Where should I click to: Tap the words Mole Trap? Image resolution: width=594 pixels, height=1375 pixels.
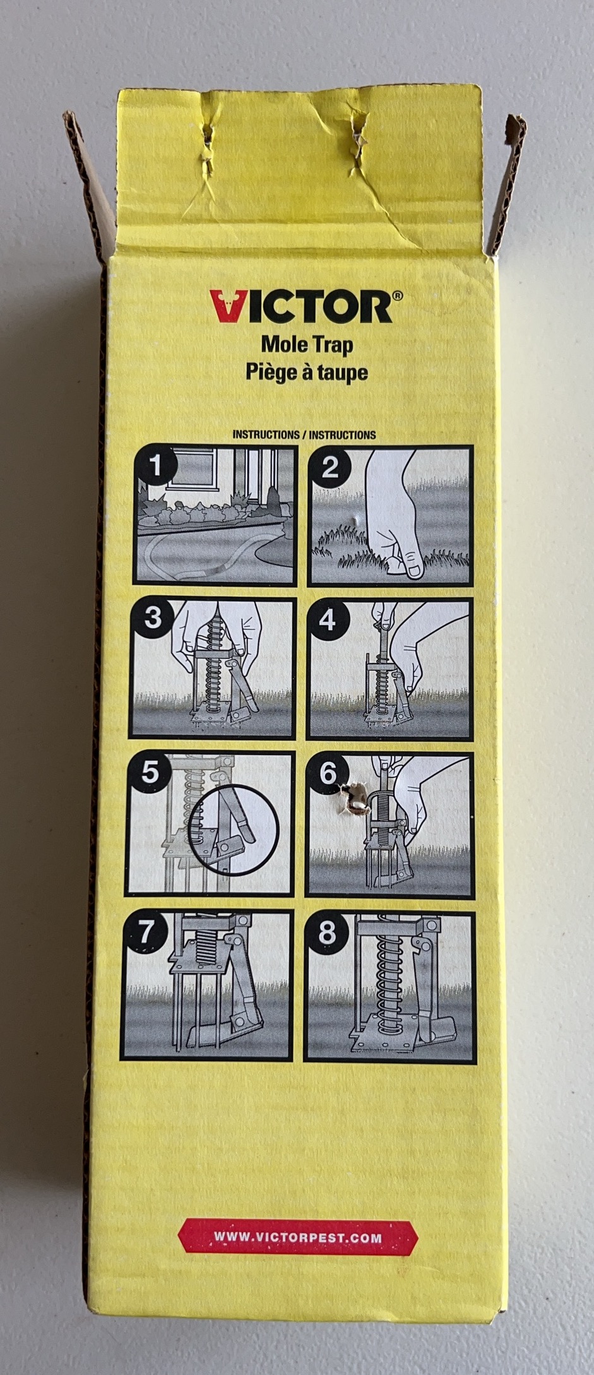click(307, 345)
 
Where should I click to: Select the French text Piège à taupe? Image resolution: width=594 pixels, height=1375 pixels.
click(307, 372)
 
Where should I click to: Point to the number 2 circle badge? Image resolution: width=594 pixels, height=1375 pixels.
click(330, 468)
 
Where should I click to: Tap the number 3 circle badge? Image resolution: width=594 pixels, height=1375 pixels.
click(153, 618)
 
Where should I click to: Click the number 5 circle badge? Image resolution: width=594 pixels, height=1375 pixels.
click(150, 772)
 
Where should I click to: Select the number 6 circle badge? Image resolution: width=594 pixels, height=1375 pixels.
click(327, 773)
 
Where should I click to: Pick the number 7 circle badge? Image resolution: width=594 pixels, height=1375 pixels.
click(146, 931)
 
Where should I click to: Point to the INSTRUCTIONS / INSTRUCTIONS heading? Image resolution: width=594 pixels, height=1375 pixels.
click(304, 435)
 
